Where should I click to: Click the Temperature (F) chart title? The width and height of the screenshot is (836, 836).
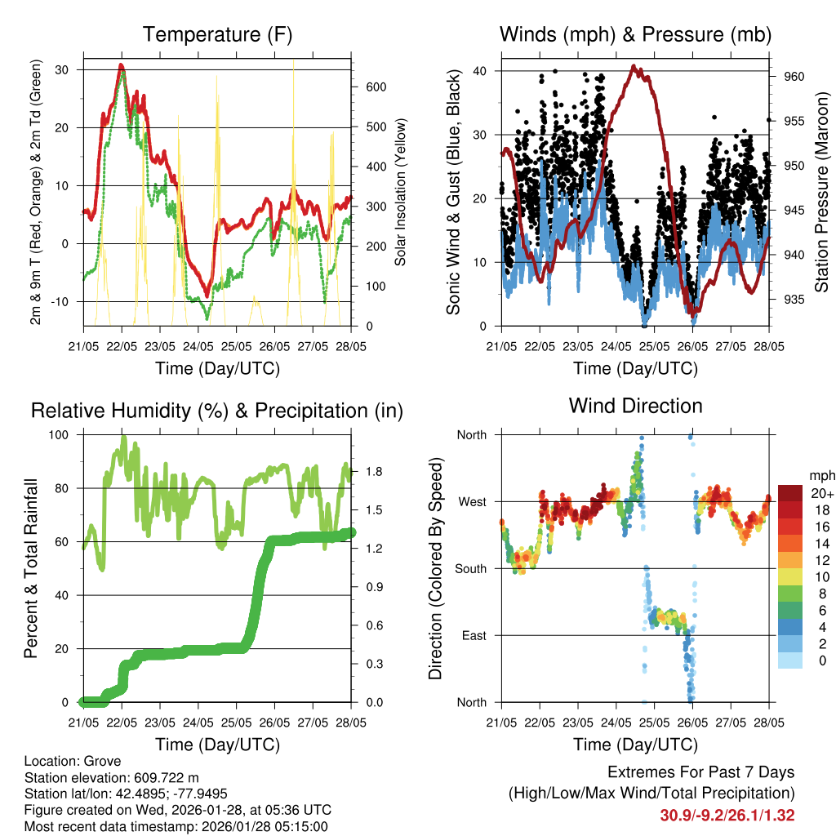[x=217, y=34]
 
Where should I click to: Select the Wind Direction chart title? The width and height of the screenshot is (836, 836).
[x=635, y=406]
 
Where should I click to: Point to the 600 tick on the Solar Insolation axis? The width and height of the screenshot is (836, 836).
[x=376, y=87]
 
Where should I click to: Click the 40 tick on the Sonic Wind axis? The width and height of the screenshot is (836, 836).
[x=479, y=71]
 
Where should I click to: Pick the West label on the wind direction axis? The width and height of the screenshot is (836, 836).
[x=471, y=501]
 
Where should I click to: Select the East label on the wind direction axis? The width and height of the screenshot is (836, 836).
[x=473, y=635]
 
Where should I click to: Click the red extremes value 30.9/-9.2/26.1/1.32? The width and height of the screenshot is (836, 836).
[x=727, y=815]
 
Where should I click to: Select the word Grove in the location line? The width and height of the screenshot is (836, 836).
[x=97, y=761]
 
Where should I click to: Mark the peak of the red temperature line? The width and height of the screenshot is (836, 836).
[x=121, y=64]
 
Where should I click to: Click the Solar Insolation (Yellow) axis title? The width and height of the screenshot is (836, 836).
[x=400, y=193]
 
